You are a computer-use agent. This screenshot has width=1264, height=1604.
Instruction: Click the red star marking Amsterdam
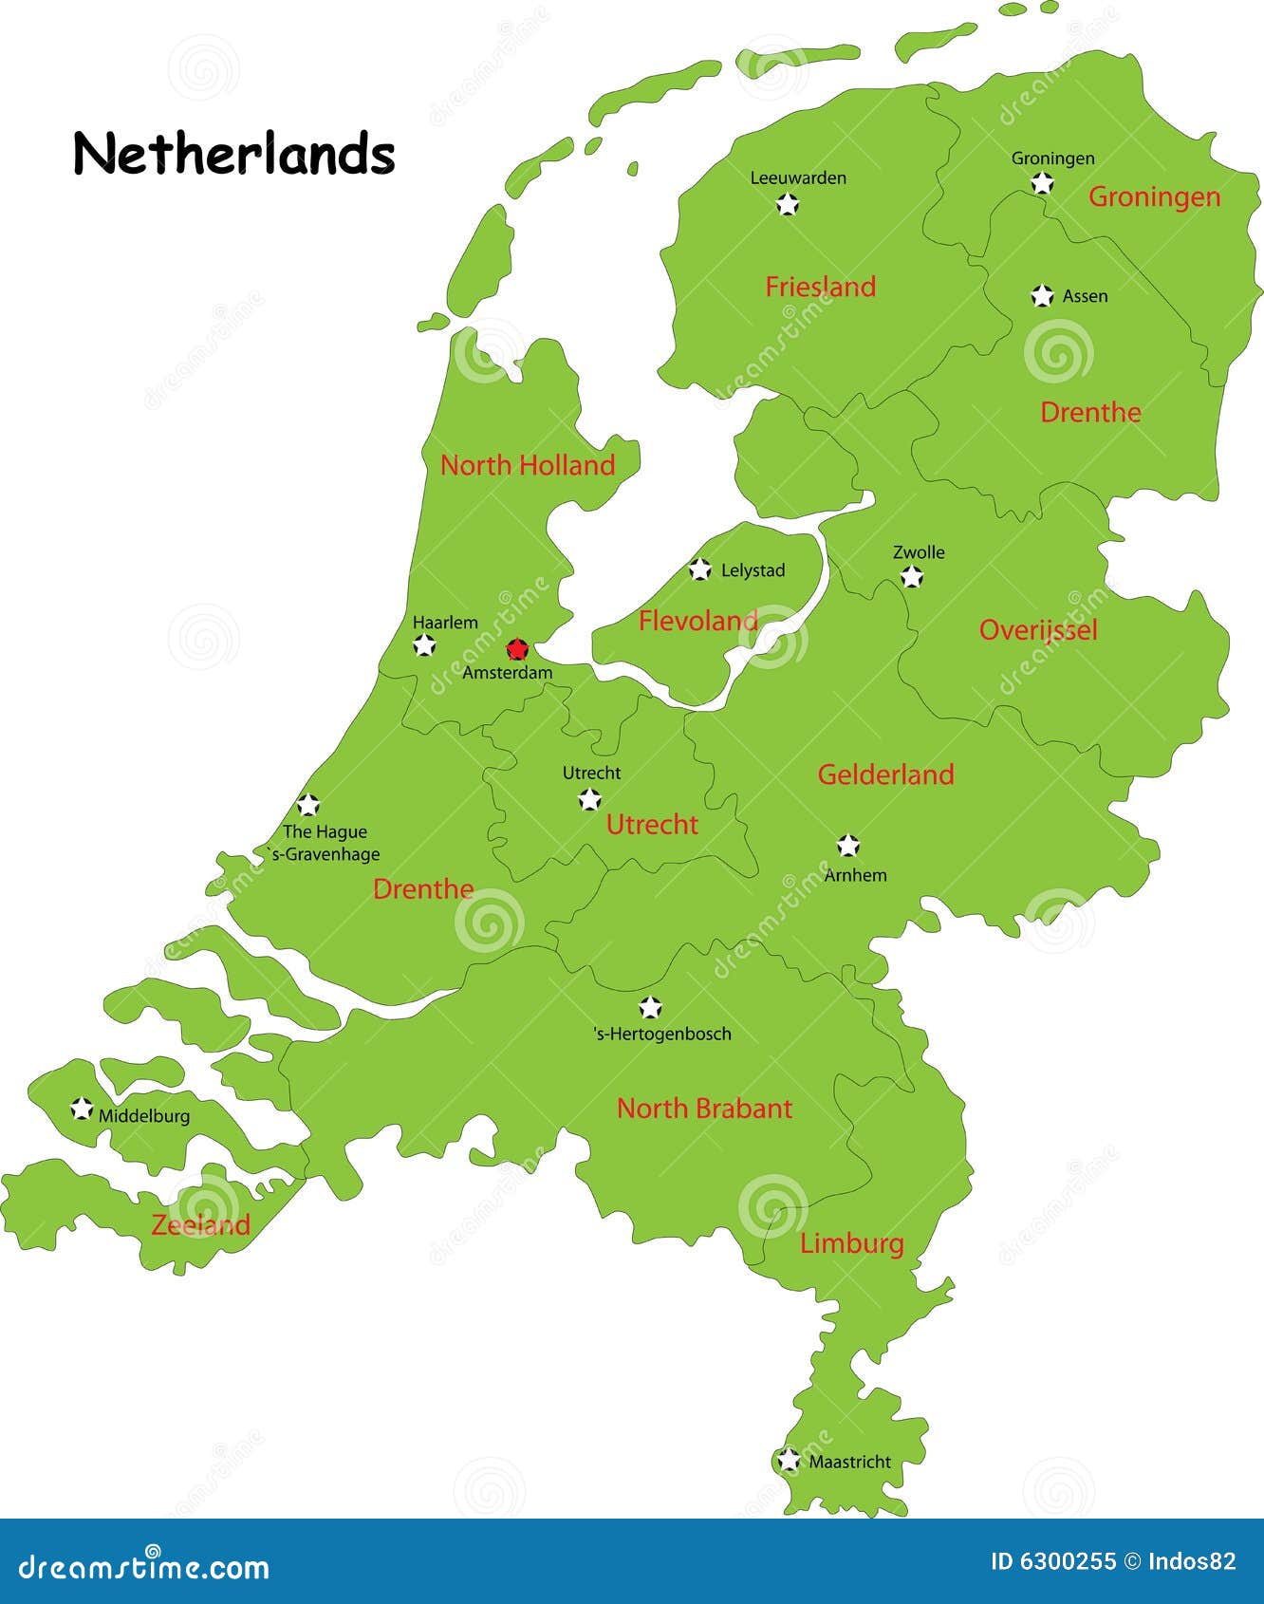[516, 649]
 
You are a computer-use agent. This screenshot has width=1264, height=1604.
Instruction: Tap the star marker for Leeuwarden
[788, 203]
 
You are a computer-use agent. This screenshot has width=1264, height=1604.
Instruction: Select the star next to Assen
[1042, 296]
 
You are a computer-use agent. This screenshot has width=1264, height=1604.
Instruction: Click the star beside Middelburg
[82, 1109]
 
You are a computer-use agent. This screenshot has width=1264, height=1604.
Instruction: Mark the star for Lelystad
[699, 569]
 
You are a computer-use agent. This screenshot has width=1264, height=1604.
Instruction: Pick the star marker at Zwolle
[911, 576]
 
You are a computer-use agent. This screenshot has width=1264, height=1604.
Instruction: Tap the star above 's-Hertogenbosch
[650, 1007]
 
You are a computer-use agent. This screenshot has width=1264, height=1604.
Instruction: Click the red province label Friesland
[821, 287]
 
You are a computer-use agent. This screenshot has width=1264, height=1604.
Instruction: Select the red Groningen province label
[1154, 196]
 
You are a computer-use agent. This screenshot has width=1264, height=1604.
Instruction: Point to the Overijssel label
[1038, 630]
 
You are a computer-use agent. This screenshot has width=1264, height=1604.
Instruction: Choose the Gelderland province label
[885, 774]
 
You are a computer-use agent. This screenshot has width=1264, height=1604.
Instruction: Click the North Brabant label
[704, 1108]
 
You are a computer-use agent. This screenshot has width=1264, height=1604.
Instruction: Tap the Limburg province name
[851, 1243]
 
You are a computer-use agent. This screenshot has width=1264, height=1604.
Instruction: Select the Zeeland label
[201, 1224]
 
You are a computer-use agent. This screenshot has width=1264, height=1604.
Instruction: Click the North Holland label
[528, 465]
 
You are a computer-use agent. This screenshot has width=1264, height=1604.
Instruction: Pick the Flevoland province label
[698, 621]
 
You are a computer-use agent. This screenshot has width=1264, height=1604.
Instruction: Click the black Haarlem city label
[445, 623]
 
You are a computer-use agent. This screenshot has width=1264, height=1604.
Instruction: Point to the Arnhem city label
[855, 875]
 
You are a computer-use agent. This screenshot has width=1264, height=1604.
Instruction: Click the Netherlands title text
[233, 154]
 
